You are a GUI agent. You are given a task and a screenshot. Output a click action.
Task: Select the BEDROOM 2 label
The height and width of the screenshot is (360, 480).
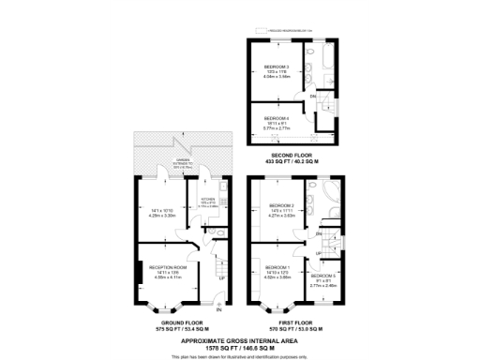coord(282,205)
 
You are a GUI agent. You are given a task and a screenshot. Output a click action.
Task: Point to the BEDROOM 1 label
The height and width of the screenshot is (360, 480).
coord(278,267)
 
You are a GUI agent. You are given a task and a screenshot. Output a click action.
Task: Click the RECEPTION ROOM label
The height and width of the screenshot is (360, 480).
coord(165,267)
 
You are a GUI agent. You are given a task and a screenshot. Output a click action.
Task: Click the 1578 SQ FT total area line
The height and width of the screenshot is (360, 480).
coord(240,344)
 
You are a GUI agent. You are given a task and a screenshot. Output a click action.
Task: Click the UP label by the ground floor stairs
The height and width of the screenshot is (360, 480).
coord(221,277)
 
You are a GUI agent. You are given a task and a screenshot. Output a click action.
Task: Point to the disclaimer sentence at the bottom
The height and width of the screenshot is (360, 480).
coord(240,354)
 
